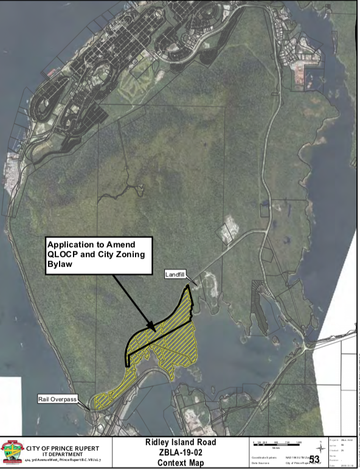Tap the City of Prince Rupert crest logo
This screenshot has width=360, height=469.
(x=12, y=452)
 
